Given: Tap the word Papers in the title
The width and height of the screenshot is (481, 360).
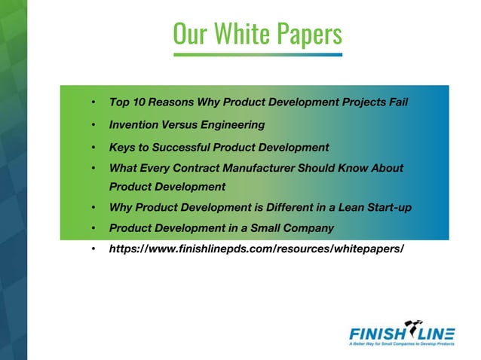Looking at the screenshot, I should [x=308, y=33].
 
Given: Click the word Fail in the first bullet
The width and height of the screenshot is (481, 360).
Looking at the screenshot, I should [x=398, y=102].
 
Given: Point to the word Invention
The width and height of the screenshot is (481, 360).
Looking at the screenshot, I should [x=136, y=124].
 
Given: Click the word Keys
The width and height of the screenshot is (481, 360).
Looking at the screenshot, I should [x=122, y=147].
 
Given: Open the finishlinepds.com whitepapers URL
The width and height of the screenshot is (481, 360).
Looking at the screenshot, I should [x=256, y=248].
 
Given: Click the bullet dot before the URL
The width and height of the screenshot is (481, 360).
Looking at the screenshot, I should [x=92, y=249].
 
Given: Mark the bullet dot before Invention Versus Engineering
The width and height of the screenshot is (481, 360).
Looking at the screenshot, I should [x=92, y=125].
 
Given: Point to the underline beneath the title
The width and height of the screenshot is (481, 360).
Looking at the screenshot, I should [x=257, y=54].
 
